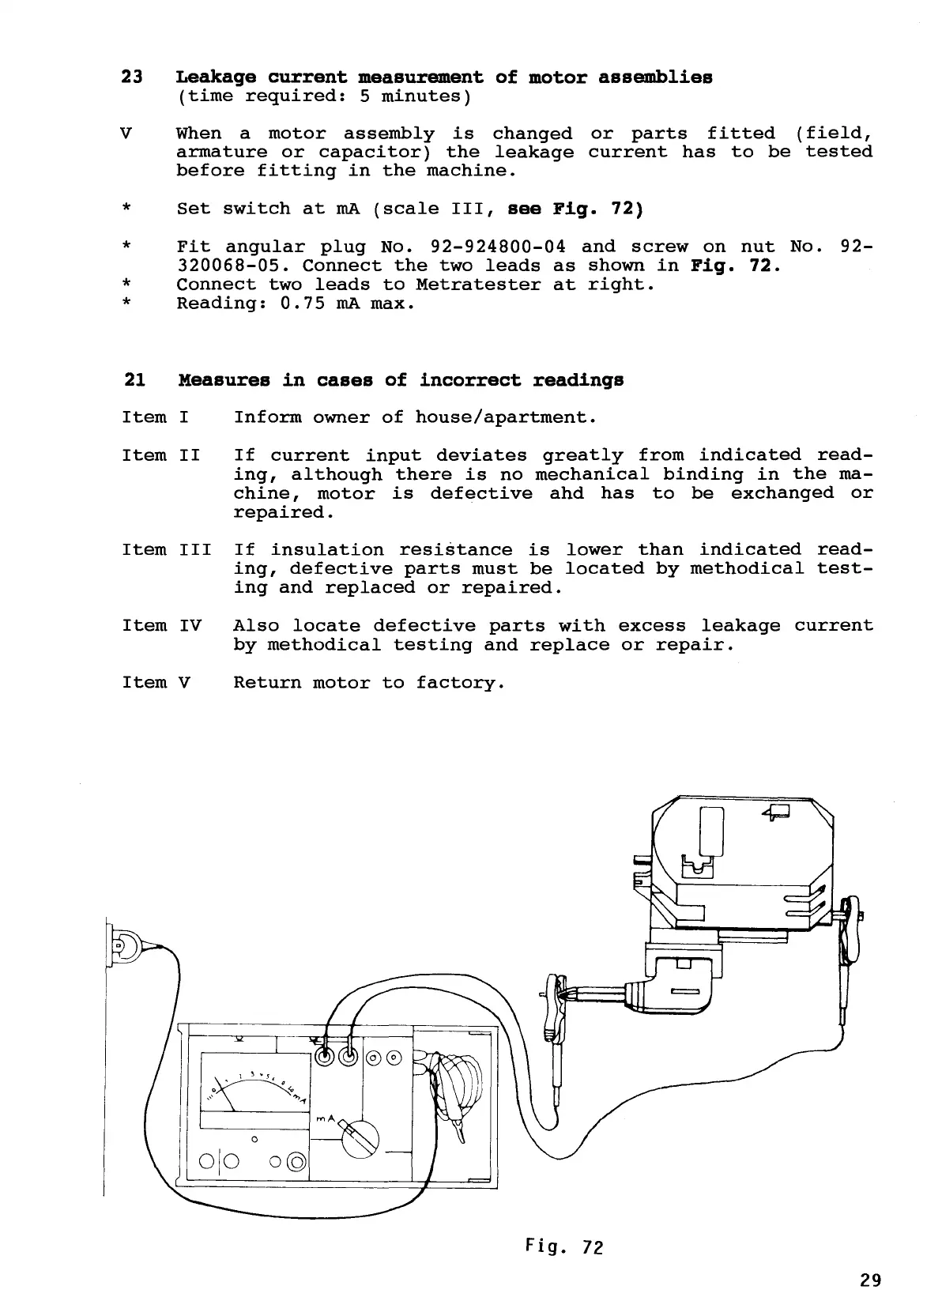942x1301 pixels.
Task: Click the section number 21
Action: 134,379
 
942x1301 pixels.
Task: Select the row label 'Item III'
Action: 166,550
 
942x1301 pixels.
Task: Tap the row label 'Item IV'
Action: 161,626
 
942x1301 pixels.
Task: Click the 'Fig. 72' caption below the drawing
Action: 563,1246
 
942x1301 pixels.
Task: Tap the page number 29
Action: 870,1280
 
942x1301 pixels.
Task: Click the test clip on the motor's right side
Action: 850,933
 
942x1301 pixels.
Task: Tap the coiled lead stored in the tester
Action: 456,1080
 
